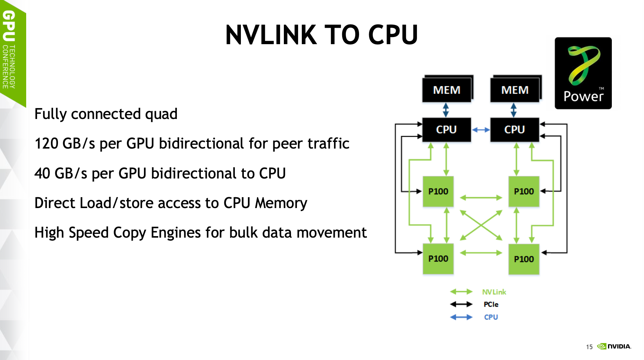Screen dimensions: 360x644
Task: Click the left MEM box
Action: [x=447, y=90]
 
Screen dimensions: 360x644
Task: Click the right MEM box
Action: [x=515, y=90]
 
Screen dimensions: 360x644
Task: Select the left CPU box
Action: [x=446, y=129]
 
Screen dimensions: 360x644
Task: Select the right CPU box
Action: [x=514, y=129]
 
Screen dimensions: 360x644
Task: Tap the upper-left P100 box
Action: [x=438, y=191]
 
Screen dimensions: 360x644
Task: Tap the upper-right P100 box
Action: [x=524, y=191]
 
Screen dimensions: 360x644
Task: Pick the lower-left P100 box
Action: [x=438, y=259]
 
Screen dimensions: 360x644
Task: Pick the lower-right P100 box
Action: [x=524, y=259]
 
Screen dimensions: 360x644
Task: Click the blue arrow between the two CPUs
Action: [x=481, y=130]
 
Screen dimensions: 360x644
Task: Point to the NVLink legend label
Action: [x=494, y=292]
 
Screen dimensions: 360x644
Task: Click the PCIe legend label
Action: [x=491, y=304]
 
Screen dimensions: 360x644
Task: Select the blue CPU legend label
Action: [x=491, y=317]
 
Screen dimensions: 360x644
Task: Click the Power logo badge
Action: [x=583, y=73]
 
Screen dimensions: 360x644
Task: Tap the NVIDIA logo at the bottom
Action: [x=614, y=346]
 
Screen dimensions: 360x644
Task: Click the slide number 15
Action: [x=589, y=347]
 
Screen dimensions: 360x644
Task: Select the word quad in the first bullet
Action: [x=161, y=114]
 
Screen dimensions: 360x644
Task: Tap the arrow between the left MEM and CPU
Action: [x=446, y=110]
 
